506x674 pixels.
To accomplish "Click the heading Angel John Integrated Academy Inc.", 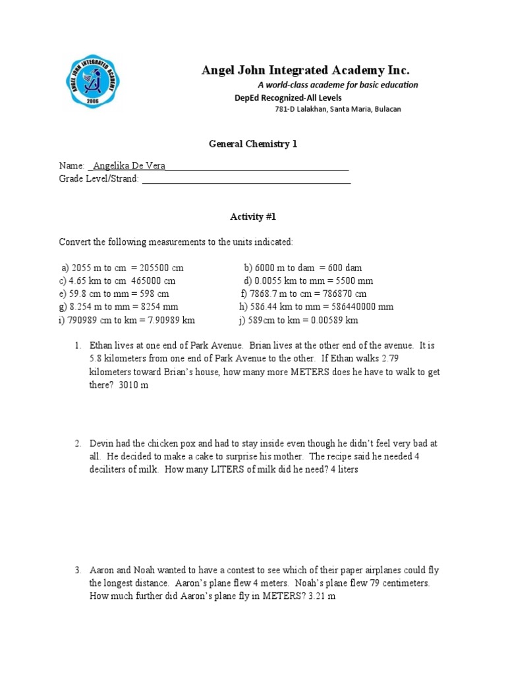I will pos(305,70).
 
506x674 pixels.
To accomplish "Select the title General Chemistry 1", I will pos(253,144).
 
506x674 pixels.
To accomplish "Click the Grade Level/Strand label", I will pos(99,178).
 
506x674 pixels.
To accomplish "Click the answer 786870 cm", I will pos(343,294).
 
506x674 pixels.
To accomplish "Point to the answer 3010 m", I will pos(134,385).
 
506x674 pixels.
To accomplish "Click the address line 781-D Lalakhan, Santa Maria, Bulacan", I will pos(337,109).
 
